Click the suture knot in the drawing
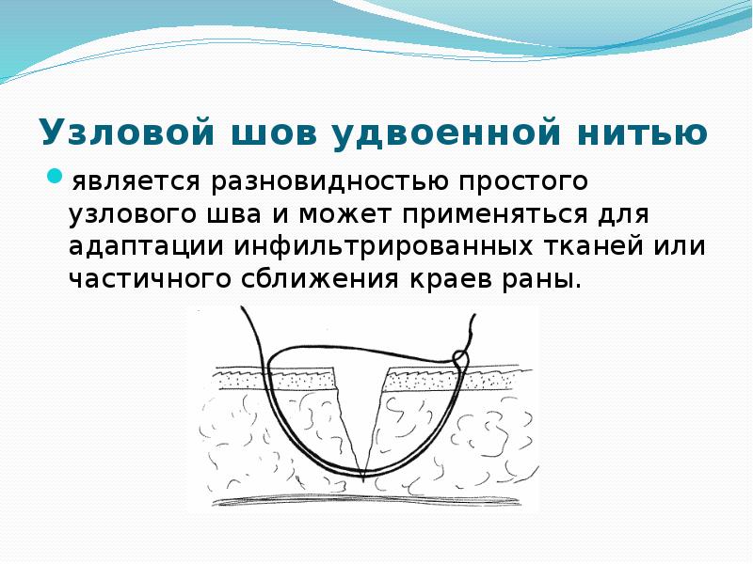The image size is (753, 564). (x=461, y=357)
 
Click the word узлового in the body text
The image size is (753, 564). (x=134, y=213)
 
